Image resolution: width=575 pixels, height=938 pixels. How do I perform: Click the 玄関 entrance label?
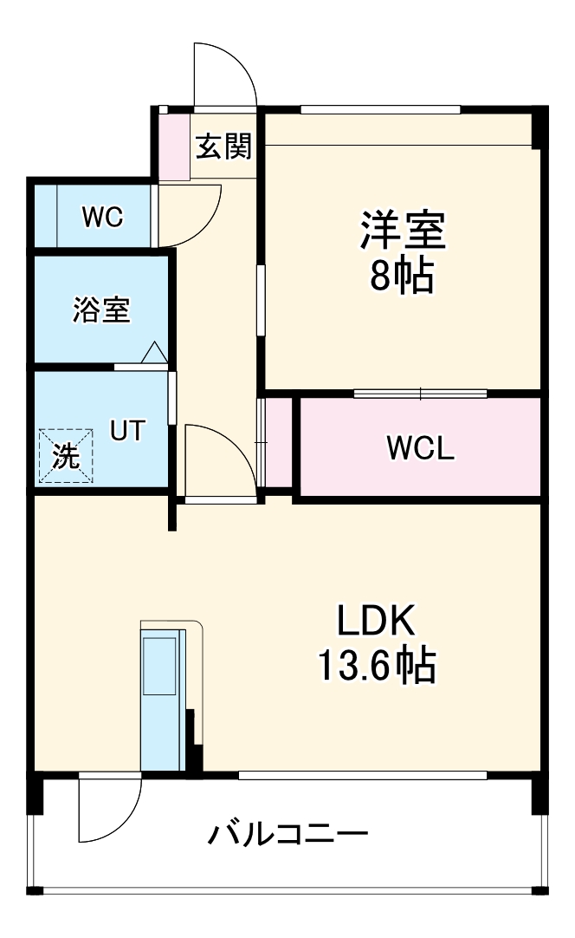coord(223,147)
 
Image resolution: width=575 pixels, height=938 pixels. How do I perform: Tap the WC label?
coord(102,217)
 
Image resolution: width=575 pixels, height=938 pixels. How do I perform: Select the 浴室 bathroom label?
coord(101,309)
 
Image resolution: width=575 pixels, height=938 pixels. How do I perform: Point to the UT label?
coord(127,430)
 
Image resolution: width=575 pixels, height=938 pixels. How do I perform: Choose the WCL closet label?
coord(420,448)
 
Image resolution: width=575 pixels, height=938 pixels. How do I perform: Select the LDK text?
coord(377,622)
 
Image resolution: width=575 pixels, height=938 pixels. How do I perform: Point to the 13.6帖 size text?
coord(377,666)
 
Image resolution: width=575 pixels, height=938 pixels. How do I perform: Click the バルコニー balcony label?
coord(287,835)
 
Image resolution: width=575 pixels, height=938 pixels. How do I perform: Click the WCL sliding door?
coord(421,394)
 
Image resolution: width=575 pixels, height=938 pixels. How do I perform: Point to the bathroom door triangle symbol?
coord(153,352)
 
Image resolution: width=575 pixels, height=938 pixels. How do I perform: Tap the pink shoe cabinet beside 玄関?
coord(172,146)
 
